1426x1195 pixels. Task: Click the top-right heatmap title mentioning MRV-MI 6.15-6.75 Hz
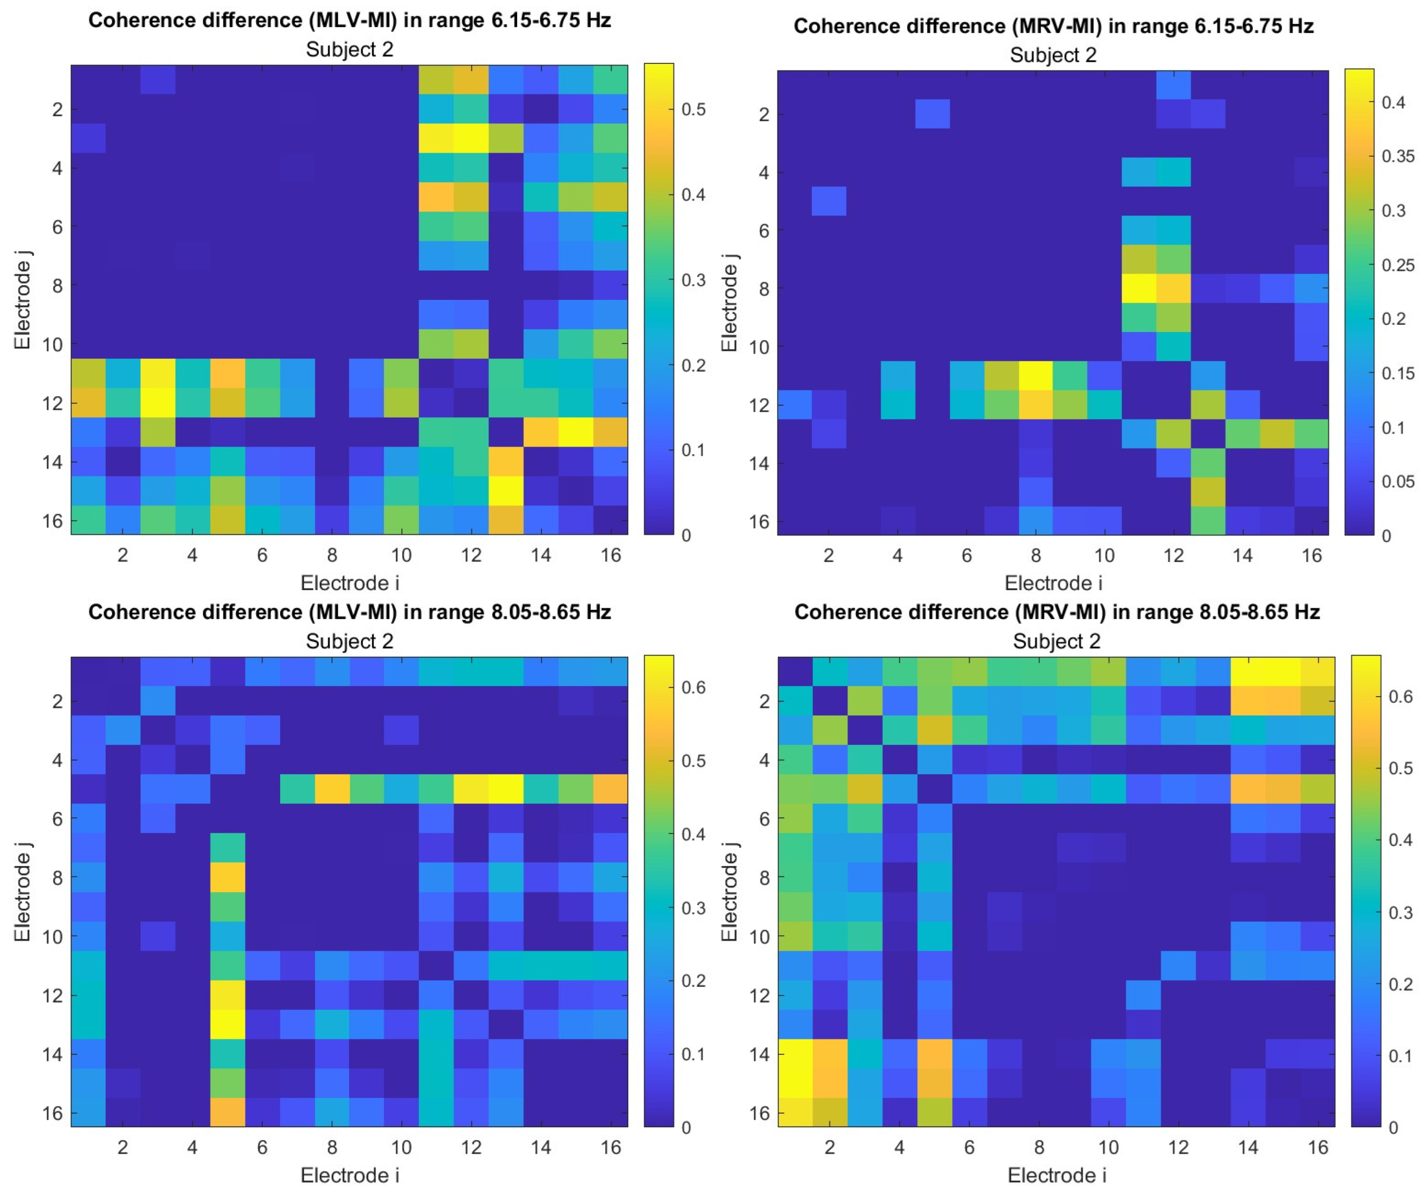click(x=1053, y=26)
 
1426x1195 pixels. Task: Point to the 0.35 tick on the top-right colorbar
click(x=1397, y=156)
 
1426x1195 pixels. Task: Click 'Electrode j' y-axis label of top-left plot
click(x=22, y=299)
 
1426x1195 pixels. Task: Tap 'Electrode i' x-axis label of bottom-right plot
click(x=1057, y=1175)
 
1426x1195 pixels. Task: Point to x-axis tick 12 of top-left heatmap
click(x=470, y=555)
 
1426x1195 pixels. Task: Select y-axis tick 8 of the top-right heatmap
click(x=764, y=289)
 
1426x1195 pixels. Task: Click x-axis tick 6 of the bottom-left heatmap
click(x=262, y=1147)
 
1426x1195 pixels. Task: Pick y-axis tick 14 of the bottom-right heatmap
click(x=764, y=1055)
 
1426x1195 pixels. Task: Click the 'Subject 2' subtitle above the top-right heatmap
click(x=1053, y=55)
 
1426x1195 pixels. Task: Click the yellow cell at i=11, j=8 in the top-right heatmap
click(x=1139, y=288)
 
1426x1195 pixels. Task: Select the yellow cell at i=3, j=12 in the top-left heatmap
click(x=157, y=403)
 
